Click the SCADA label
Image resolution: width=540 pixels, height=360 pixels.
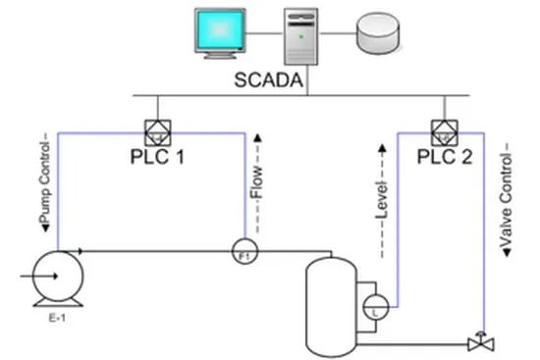coord(269,80)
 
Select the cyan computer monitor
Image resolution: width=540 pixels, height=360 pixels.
coord(220,33)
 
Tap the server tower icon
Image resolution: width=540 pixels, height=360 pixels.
coord(300,36)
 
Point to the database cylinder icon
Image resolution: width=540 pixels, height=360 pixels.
coord(378,33)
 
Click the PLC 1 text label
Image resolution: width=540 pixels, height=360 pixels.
coord(157,157)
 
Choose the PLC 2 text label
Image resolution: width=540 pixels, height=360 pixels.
coord(445,157)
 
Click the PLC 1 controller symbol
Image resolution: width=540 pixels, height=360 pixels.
coord(158,132)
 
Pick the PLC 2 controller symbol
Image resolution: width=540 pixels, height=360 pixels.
coord(445,132)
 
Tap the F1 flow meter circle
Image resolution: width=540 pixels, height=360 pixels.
coord(244,251)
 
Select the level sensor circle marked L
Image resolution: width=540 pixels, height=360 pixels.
coord(376,307)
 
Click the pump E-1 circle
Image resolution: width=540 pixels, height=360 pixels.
coord(58,277)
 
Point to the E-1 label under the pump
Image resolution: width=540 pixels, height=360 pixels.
coord(57,318)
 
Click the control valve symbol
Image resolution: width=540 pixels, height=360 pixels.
coord(481,342)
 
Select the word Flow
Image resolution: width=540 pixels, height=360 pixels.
coord(256,182)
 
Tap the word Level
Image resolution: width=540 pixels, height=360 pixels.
coord(382,200)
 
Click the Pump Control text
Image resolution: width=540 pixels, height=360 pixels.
coord(45,183)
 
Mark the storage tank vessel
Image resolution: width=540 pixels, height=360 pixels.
coord(331,307)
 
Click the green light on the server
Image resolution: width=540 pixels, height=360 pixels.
coord(301,36)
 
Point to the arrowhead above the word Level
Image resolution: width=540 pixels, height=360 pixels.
coord(382,148)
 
